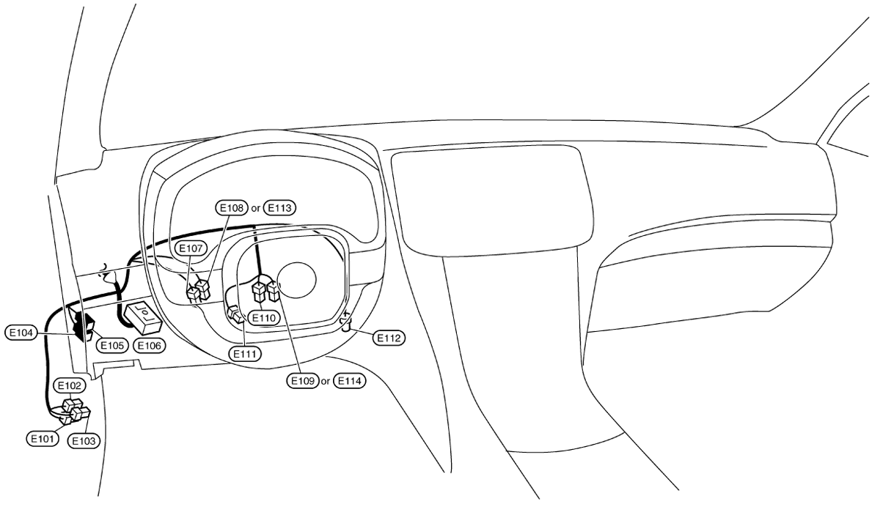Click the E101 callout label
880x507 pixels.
pyautogui.click(x=43, y=439)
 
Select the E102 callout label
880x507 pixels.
pyautogui.click(x=69, y=385)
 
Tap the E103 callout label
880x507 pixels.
pyautogui.click(x=84, y=441)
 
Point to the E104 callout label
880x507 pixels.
pyautogui.click(x=21, y=333)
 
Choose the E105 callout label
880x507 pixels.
pyautogui.click(x=112, y=345)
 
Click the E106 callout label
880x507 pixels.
pyautogui.click(x=150, y=345)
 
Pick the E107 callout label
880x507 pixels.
pyautogui.click(x=191, y=248)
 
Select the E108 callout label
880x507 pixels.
pyautogui.click(x=232, y=208)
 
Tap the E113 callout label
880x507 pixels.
pyautogui.click(x=279, y=208)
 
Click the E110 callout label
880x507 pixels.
pyautogui.click(x=264, y=318)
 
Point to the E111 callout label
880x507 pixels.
pyautogui.click(x=245, y=354)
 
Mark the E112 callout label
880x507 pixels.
pyautogui.click(x=389, y=338)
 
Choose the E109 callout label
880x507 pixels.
pyautogui.click(x=302, y=381)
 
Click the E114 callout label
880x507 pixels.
pyautogui.click(x=349, y=381)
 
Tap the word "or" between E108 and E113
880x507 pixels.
pyautogui.click(x=256, y=209)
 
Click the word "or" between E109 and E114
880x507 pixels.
pyautogui.click(x=326, y=382)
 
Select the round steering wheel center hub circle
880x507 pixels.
pyautogui.click(x=296, y=280)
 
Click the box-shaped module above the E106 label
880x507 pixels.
pyautogui.click(x=143, y=318)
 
